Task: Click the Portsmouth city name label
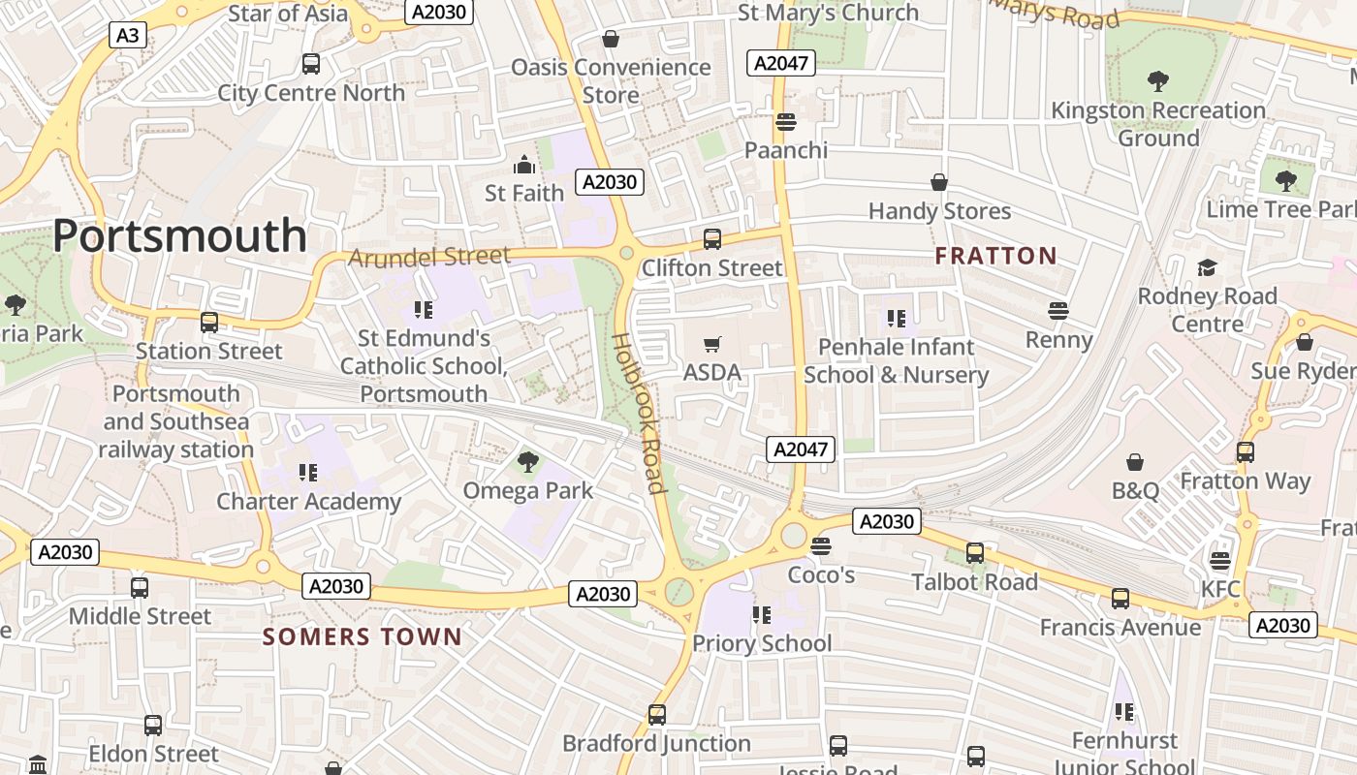[179, 236]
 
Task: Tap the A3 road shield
[127, 36]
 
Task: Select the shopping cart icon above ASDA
[712, 344]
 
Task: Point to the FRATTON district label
[995, 256]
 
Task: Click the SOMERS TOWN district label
[363, 636]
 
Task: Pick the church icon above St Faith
[524, 165]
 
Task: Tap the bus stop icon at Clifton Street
[712, 238]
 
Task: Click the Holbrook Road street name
[640, 414]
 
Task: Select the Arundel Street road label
[428, 257]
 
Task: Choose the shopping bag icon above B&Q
[1135, 462]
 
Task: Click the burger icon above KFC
[1219, 561]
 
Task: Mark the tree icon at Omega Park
[527, 462]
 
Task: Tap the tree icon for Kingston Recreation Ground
[1157, 81]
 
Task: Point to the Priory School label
[762, 643]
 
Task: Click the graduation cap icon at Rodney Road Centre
[1207, 267]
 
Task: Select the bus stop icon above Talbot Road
[975, 553]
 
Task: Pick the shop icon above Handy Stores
[939, 182]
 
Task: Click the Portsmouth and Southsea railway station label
[176, 421]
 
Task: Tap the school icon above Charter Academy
[308, 473]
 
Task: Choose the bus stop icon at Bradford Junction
[657, 715]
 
